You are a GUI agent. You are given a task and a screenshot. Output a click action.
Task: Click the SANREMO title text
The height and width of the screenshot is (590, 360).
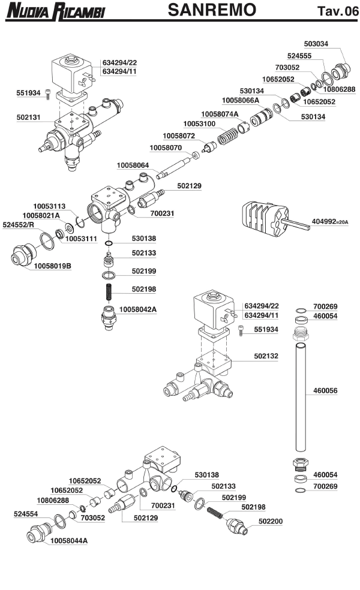pos(212,10)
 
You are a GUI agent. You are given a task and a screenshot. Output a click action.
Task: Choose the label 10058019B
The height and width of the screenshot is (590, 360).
pos(52,264)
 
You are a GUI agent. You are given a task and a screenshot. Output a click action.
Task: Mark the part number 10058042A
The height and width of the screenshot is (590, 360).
pos(138,309)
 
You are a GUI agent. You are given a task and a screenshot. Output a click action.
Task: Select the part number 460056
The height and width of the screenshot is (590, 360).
pos(326,390)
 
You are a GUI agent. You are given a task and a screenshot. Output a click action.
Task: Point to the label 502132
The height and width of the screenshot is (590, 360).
pos(266,356)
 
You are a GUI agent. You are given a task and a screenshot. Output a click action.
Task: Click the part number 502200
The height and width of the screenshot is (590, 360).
pos(271,522)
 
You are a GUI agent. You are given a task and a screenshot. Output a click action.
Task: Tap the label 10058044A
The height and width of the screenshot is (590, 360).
pos(68,540)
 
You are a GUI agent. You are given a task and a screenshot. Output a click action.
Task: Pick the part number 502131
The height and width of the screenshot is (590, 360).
pos(28,118)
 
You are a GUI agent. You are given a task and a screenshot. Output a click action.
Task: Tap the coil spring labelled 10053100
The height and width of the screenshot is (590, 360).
pos(227,136)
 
